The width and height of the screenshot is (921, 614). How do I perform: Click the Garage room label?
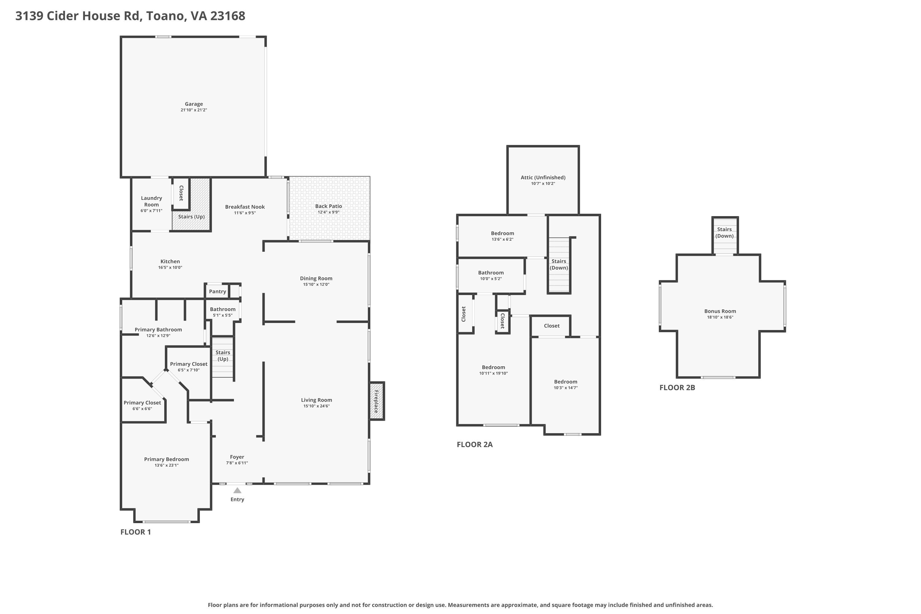pyautogui.click(x=194, y=104)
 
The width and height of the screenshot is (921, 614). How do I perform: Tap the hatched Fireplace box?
pyautogui.click(x=377, y=401)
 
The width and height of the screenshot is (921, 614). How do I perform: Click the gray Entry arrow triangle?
pyautogui.click(x=237, y=490)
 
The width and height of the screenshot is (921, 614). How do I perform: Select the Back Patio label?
pyautogui.click(x=328, y=206)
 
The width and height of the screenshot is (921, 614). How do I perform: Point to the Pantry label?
pyautogui.click(x=217, y=291)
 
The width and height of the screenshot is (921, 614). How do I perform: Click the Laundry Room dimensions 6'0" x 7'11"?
pyautogui.click(x=152, y=211)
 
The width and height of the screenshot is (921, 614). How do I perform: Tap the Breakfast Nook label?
pyautogui.click(x=245, y=207)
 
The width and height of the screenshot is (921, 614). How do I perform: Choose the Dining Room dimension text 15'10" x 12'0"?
pyautogui.click(x=316, y=284)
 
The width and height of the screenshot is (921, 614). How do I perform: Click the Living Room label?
pyautogui.click(x=317, y=400)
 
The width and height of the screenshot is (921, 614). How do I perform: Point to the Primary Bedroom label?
pyautogui.click(x=166, y=459)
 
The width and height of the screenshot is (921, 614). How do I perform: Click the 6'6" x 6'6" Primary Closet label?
pyautogui.click(x=142, y=402)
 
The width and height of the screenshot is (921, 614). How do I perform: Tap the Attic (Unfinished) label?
pyautogui.click(x=543, y=177)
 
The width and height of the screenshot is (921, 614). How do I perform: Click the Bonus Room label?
pyautogui.click(x=720, y=311)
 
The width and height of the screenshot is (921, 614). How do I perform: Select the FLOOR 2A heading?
pyautogui.click(x=475, y=445)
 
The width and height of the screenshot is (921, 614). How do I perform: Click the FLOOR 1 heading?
pyautogui.click(x=135, y=532)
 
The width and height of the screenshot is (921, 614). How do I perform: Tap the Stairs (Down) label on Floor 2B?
pyautogui.click(x=725, y=233)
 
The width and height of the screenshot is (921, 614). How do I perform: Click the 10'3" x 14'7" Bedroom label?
pyautogui.click(x=565, y=382)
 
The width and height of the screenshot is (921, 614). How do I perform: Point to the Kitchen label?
pyautogui.click(x=170, y=262)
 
